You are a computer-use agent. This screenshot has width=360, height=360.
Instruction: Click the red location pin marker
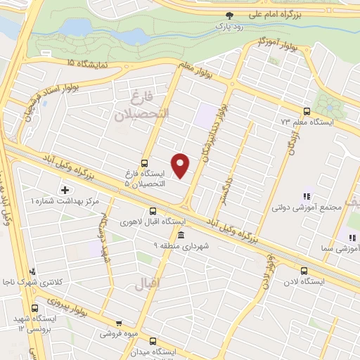coord(181,165)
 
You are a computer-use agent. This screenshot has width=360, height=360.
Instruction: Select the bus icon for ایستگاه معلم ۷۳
coord(306,111)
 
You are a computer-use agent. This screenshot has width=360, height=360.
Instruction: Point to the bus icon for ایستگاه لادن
coord(304,271)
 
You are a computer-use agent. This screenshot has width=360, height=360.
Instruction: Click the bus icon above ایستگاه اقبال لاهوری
coord(153,211)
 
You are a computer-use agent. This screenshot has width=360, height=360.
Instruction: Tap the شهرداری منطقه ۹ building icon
coord(181,235)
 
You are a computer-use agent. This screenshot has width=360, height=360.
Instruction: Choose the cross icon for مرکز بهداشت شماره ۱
coord(65,190)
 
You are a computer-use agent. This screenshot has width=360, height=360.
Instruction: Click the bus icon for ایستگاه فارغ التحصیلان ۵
coord(145,162)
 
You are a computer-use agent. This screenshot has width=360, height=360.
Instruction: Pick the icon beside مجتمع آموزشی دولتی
coord(306,197)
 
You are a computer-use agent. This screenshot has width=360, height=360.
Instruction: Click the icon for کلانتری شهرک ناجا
coord(31,271)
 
